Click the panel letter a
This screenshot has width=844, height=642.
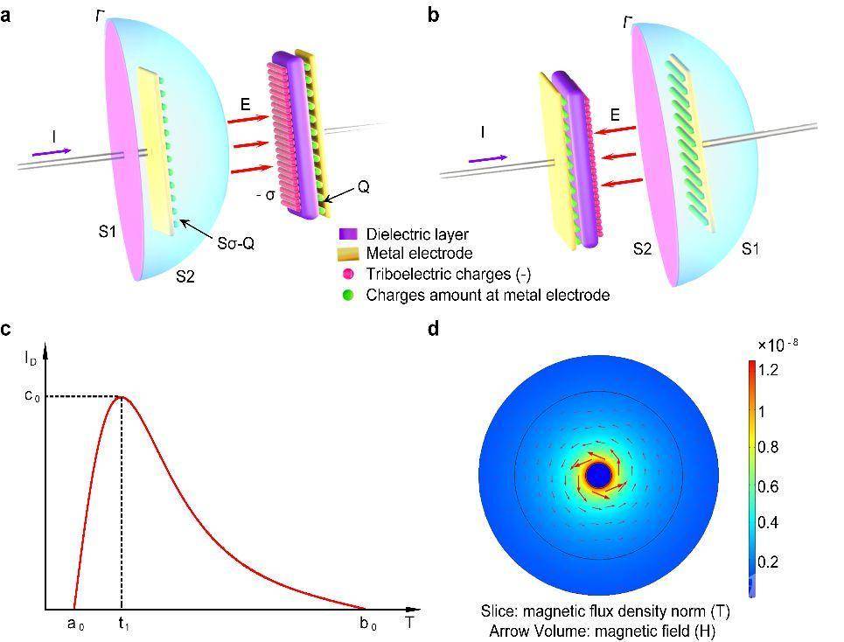click(5, 16)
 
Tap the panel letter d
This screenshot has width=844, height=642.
click(434, 327)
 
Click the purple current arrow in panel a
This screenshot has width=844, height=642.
click(52, 152)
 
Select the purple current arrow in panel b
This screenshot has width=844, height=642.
click(488, 159)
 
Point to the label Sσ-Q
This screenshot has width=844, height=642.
click(236, 244)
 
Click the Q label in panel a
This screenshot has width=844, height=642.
click(363, 187)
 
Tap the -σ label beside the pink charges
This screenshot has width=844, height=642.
click(265, 195)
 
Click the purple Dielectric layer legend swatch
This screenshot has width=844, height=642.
click(348, 234)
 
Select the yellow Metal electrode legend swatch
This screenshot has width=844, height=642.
click(348, 254)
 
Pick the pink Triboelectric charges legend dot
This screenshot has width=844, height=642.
click(348, 275)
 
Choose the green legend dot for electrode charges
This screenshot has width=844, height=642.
click(348, 295)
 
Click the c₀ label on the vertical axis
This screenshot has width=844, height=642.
click(32, 398)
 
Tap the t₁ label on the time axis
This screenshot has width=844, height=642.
click(124, 625)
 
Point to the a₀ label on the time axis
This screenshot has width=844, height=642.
click(75, 625)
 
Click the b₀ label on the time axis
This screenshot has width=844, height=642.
click(368, 625)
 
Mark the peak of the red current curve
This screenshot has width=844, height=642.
click(122, 397)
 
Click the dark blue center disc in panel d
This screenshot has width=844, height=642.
click(598, 476)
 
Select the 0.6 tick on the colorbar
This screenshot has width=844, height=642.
click(768, 486)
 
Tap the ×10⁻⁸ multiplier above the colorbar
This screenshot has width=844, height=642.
click(778, 345)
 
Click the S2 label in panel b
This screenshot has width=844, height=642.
click(642, 248)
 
